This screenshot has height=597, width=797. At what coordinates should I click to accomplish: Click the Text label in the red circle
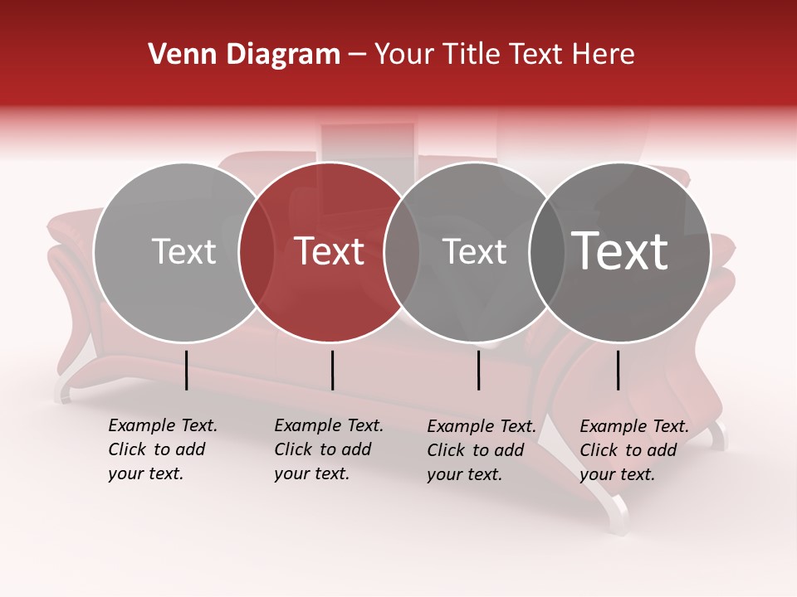point(330,251)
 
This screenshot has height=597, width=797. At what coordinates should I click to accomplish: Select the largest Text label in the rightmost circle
point(620,250)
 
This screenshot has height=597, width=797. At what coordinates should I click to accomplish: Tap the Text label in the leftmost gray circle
point(183,251)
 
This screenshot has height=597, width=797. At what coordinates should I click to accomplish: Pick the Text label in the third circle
point(474,251)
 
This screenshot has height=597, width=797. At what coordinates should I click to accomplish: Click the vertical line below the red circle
point(332,370)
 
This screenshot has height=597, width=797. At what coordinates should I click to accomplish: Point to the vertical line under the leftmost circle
point(186,370)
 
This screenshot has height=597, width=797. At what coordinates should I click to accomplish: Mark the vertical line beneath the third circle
point(478,370)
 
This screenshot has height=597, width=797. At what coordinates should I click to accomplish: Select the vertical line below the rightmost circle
point(618,370)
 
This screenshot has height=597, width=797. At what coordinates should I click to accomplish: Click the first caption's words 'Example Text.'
point(163,425)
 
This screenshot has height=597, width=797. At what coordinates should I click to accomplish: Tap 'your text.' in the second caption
point(311,473)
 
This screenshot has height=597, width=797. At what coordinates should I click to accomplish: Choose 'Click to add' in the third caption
point(476,450)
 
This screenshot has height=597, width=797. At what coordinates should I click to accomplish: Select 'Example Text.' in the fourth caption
point(634,426)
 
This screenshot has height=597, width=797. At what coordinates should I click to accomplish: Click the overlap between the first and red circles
point(257,251)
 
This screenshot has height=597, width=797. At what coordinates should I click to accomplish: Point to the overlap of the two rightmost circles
point(544,251)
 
